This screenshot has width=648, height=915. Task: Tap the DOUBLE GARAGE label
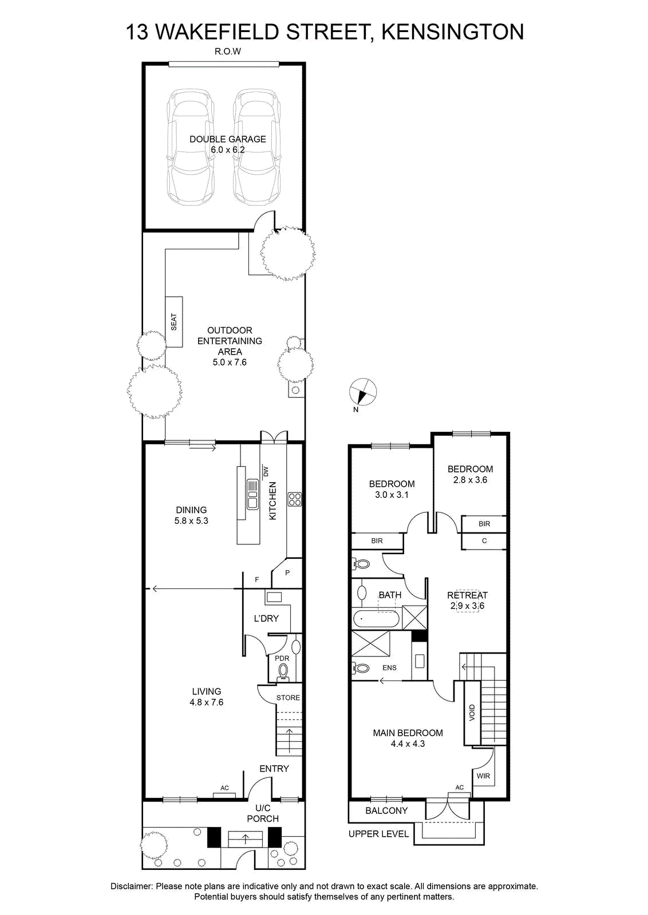pos(228,140)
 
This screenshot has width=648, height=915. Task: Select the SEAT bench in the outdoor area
pos(174,322)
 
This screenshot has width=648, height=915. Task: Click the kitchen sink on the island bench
pos(252,494)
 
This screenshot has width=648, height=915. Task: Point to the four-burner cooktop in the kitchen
pos(294,500)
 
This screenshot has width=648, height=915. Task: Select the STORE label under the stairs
pos(289,698)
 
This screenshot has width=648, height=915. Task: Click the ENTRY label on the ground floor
pos(274,769)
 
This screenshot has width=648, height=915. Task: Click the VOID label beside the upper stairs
pos(472,713)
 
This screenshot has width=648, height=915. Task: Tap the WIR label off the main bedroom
pos(483,776)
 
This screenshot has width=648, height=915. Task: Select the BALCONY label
pos(386,811)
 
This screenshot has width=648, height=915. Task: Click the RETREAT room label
pos(467,595)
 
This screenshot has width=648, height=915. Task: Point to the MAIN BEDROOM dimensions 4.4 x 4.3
pos(408,744)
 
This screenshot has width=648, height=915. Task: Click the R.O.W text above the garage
pos(228,51)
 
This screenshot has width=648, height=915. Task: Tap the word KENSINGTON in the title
pos(453,32)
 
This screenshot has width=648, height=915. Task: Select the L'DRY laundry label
pos(266,619)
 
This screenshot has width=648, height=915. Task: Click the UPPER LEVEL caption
pos(378,834)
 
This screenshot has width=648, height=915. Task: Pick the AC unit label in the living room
pos(224,788)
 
